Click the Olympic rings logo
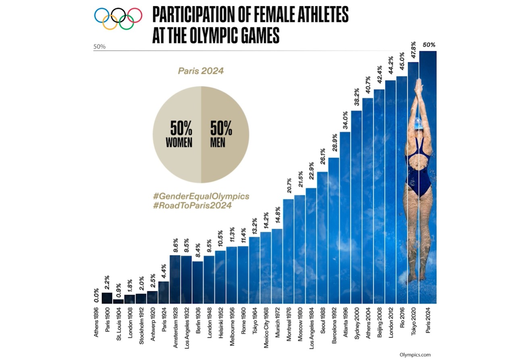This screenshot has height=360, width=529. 118,19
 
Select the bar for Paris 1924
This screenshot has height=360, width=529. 164,292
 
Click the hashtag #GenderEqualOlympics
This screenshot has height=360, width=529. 201,196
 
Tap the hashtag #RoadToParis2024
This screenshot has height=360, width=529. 192,205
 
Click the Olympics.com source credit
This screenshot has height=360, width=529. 415,355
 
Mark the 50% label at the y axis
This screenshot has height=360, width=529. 100,47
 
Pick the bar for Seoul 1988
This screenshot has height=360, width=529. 322,238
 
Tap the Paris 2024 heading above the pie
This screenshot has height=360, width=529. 201,71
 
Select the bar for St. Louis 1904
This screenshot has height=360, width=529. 118,301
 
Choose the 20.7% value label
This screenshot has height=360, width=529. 288,188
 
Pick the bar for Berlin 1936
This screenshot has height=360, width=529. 197,282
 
